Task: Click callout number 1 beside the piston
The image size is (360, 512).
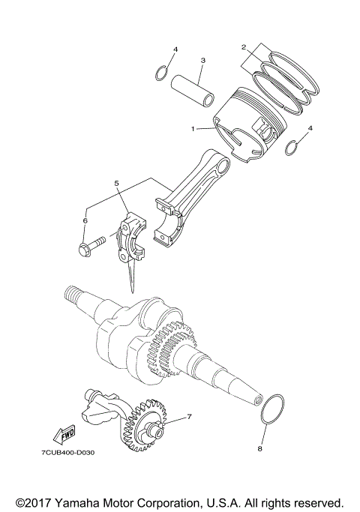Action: click(193, 129)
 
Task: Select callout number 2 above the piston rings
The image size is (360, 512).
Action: click(244, 47)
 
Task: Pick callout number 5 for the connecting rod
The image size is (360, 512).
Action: click(116, 182)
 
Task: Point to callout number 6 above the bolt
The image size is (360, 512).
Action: click(85, 221)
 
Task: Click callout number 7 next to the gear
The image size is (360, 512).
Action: click(190, 417)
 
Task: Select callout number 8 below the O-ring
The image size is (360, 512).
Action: click(261, 451)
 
